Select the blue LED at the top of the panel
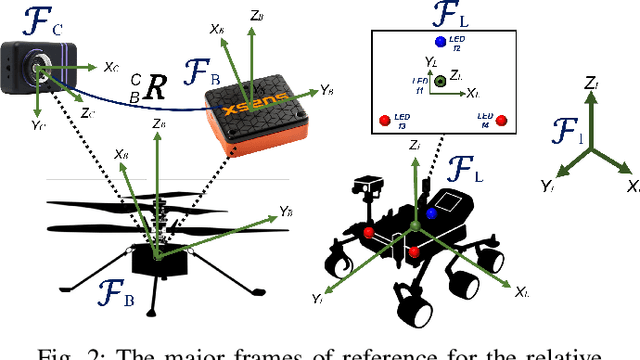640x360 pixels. pos(440,42)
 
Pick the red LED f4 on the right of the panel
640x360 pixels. pos(501,121)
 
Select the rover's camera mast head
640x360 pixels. pos(371,186)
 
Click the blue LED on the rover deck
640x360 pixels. pos(431,213)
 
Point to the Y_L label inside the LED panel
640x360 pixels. pos(431,62)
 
